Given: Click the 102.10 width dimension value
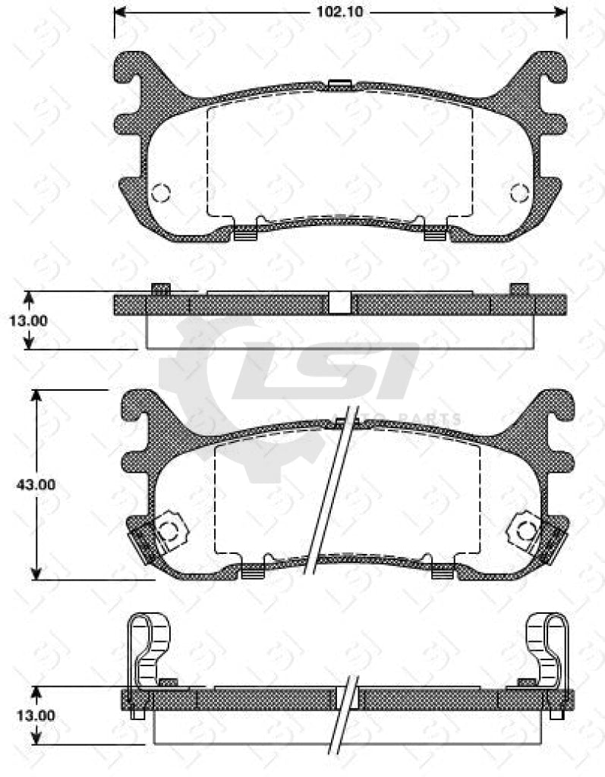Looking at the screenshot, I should [x=340, y=11].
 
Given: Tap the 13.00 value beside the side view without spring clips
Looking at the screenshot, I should [x=29, y=320].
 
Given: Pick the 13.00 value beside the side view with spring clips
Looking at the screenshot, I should [x=29, y=715].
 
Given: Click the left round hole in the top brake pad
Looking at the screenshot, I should [x=160, y=193].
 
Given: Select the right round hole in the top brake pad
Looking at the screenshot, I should [x=520, y=193].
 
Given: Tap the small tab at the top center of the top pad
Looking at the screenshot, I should [x=339, y=84].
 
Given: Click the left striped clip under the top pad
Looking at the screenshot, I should [x=242, y=234].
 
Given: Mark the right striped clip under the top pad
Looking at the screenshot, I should [x=433, y=234].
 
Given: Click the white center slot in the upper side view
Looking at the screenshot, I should [x=340, y=304].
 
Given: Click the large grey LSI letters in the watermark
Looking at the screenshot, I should [x=326, y=372].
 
